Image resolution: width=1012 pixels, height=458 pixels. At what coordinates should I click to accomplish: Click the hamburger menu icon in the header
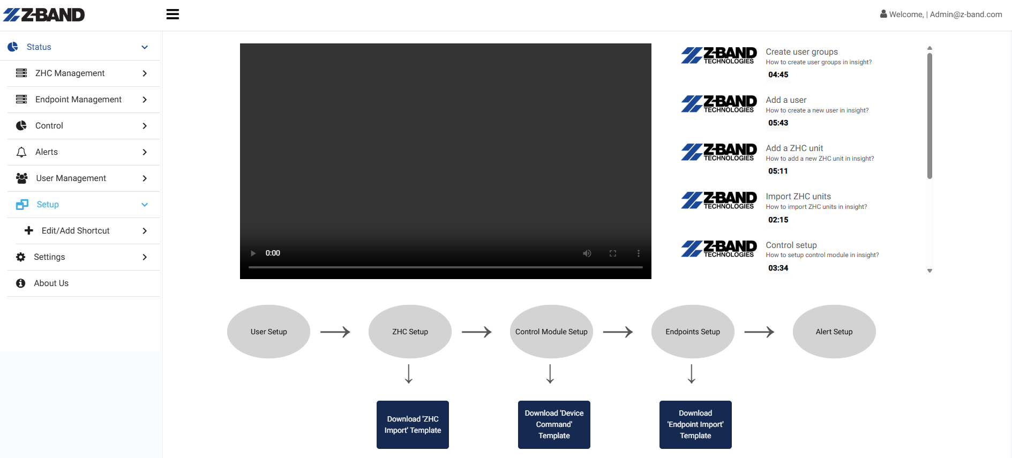[173, 14]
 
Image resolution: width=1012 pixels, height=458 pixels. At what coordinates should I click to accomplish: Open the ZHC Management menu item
[70, 73]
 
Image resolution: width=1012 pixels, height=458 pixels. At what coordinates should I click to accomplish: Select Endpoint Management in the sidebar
[78, 100]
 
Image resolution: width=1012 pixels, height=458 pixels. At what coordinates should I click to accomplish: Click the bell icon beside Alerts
[21, 152]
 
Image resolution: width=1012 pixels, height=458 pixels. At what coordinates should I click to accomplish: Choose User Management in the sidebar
[71, 178]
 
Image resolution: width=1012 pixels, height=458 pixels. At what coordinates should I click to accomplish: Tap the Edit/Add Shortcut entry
[76, 231]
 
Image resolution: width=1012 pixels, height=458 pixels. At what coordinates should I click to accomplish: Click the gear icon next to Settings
[21, 257]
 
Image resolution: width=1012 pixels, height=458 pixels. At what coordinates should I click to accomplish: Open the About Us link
[51, 283]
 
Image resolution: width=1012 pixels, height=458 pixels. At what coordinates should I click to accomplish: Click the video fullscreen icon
[613, 253]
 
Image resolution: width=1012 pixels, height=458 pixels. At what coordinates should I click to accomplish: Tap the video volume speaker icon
[587, 253]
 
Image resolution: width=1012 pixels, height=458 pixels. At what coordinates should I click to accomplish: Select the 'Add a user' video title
[786, 100]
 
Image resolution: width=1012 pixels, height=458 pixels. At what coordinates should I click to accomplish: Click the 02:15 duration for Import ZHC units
[778, 220]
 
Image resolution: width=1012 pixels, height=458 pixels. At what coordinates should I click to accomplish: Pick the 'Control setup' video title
[791, 245]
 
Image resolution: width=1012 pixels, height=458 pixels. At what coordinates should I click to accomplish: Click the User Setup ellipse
[268, 332]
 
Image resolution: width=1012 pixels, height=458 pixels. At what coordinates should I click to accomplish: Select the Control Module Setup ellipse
[551, 332]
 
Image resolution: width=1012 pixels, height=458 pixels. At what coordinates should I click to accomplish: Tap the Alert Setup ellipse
[834, 332]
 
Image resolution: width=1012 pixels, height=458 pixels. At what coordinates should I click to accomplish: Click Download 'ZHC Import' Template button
[413, 425]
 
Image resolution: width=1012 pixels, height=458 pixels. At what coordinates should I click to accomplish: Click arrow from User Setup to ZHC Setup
[335, 332]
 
